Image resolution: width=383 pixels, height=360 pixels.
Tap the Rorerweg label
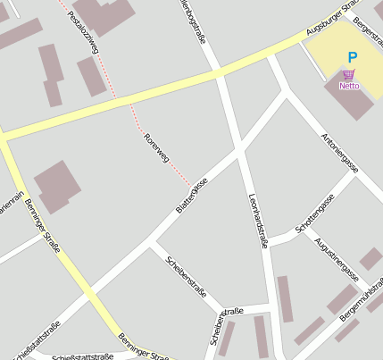click(x=156, y=147)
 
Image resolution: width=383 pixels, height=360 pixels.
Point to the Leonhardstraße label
click(x=259, y=218)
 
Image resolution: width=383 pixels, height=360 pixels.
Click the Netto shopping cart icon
click(x=348, y=75)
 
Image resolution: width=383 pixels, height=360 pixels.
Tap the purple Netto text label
click(x=349, y=87)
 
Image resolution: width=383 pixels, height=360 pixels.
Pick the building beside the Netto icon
click(x=354, y=103)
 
